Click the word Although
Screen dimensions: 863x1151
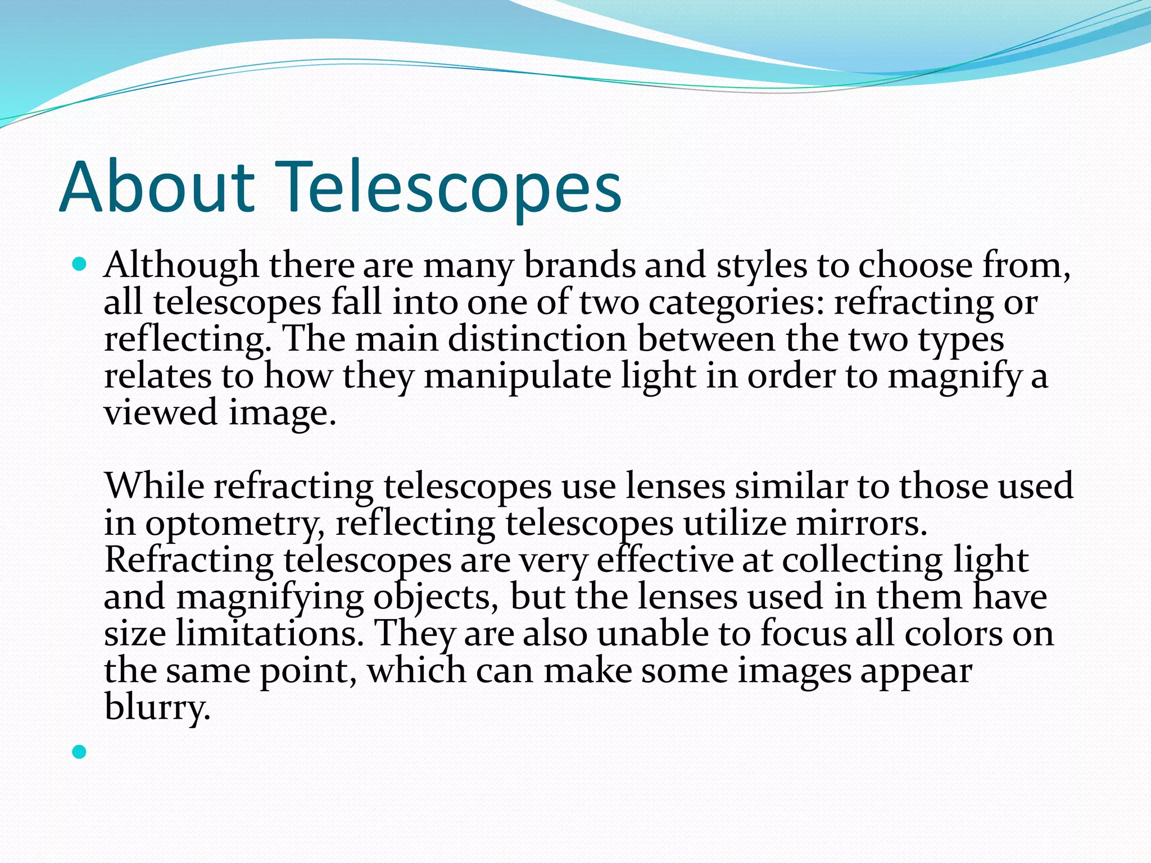[181, 265]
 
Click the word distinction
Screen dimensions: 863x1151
[537, 340]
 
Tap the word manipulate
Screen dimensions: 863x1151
[517, 376]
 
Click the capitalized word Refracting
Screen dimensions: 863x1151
[189, 561]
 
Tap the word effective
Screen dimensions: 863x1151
[664, 561]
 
